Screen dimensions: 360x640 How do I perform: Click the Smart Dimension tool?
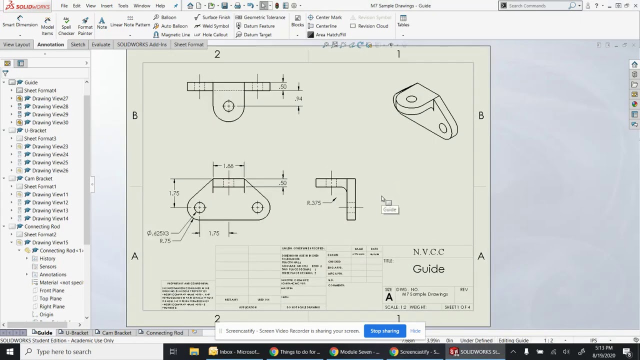(20, 22)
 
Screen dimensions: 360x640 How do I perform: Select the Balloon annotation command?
(168, 17)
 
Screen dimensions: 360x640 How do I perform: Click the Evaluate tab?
(100, 44)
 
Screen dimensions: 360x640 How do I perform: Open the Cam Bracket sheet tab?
(116, 333)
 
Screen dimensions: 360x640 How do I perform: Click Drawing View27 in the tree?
(50, 98)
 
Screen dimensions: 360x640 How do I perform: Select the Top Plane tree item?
(50, 298)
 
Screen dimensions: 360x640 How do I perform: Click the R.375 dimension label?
(314, 203)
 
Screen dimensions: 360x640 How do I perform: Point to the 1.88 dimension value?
(228, 166)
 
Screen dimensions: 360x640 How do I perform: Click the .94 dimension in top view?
(298, 99)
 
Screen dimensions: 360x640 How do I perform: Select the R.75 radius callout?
(165, 241)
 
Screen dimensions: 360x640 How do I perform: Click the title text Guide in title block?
(428, 269)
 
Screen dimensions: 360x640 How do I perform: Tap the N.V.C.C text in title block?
(428, 252)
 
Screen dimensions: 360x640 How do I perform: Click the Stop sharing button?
(384, 331)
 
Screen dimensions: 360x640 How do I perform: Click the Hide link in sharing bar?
(415, 331)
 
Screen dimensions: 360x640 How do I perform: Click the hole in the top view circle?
(228, 106)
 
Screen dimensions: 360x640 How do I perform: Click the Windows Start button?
(10, 351)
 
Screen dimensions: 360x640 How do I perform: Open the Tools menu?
(123, 5)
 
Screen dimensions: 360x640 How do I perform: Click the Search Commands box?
(537, 5)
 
